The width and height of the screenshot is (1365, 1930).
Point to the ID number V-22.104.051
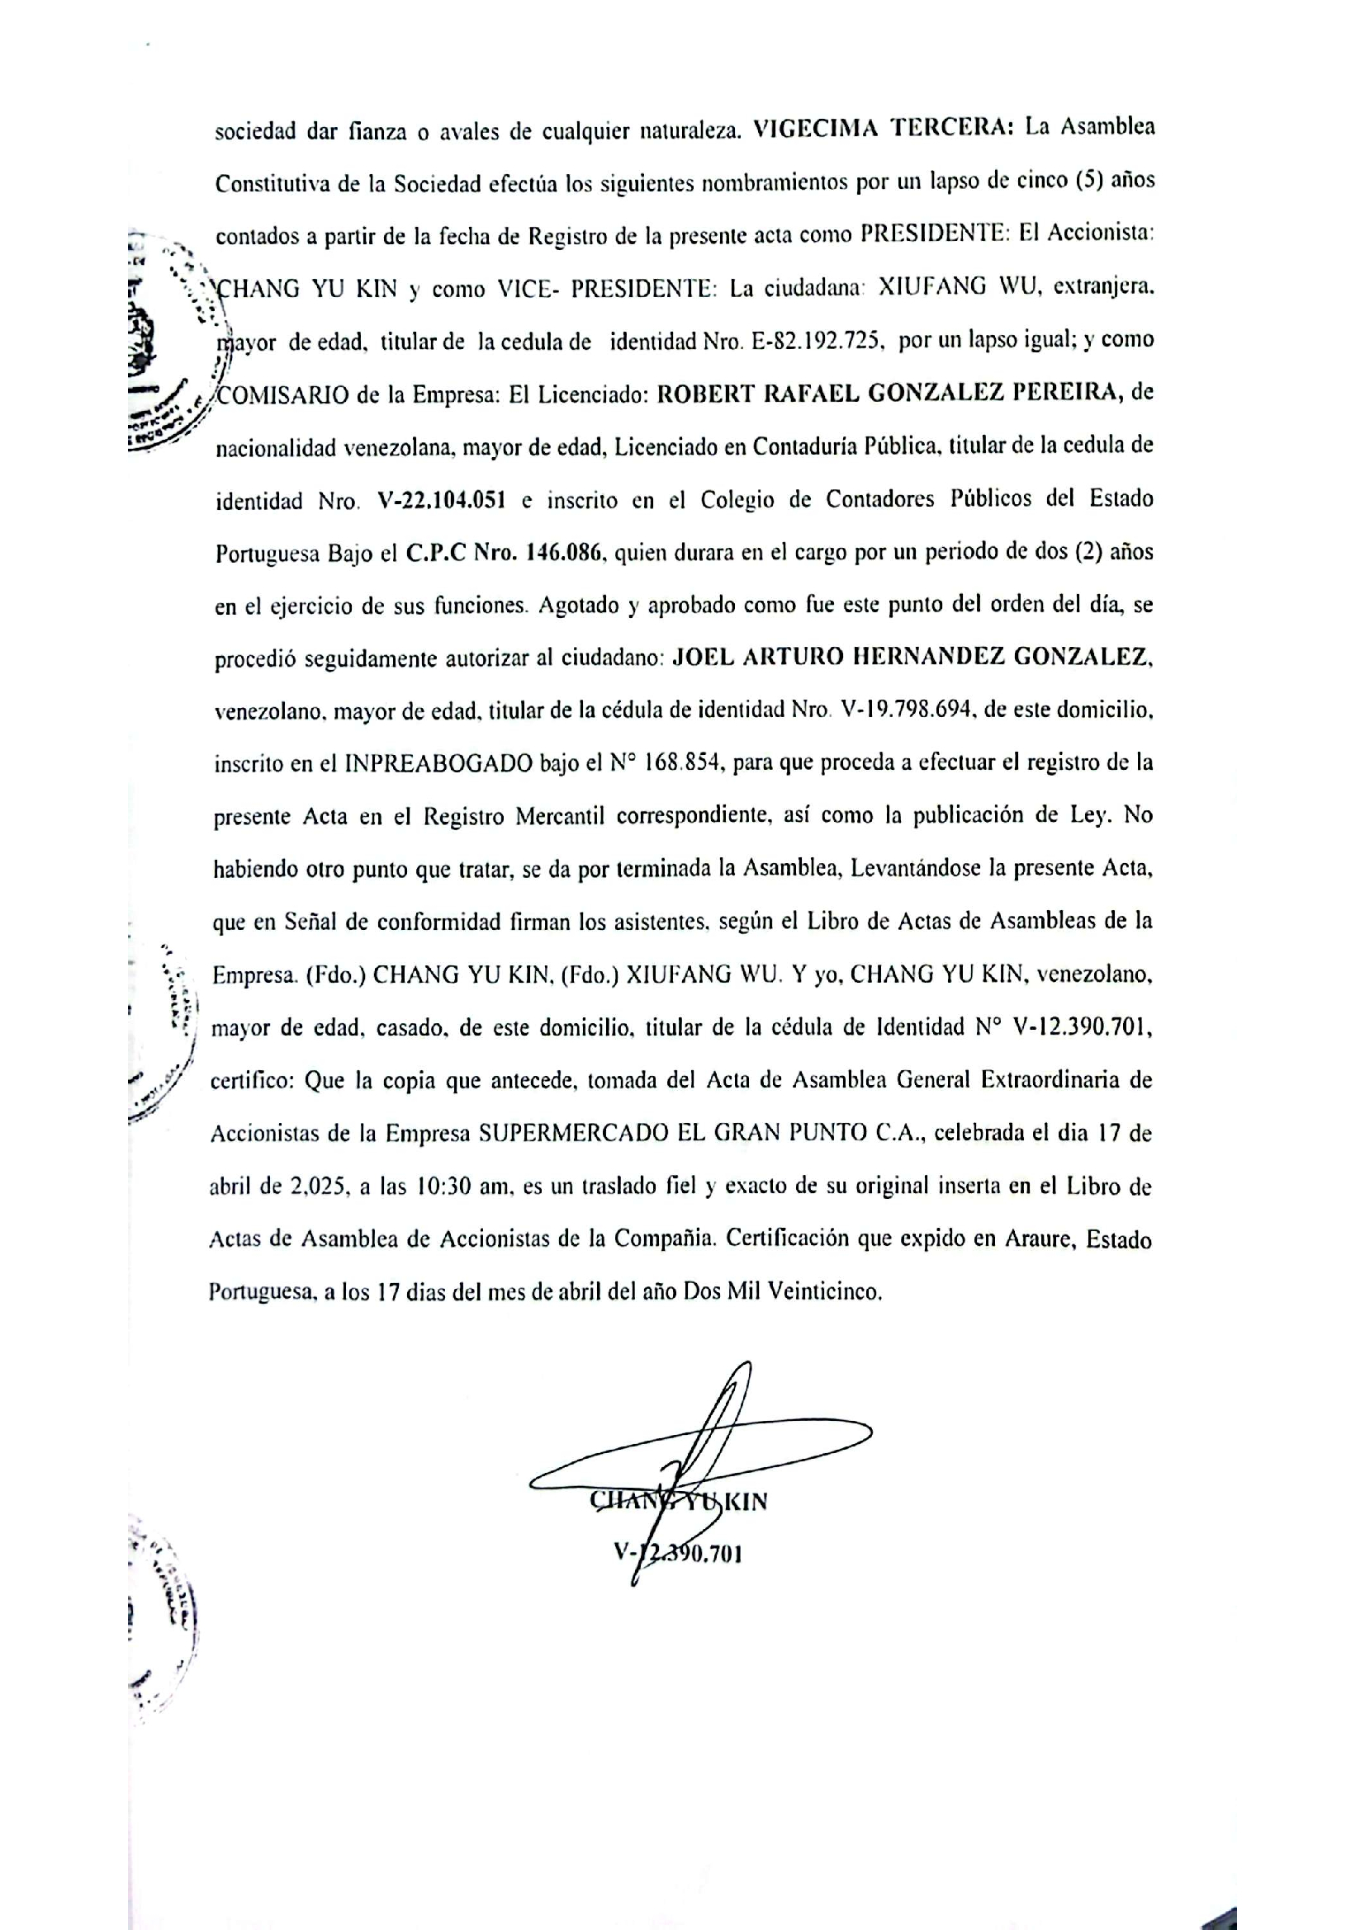[x=442, y=501]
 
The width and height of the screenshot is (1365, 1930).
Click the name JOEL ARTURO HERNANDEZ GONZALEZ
[x=912, y=658]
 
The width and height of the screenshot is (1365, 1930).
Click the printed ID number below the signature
[x=678, y=1554]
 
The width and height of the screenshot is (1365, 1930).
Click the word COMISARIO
[x=282, y=395]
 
